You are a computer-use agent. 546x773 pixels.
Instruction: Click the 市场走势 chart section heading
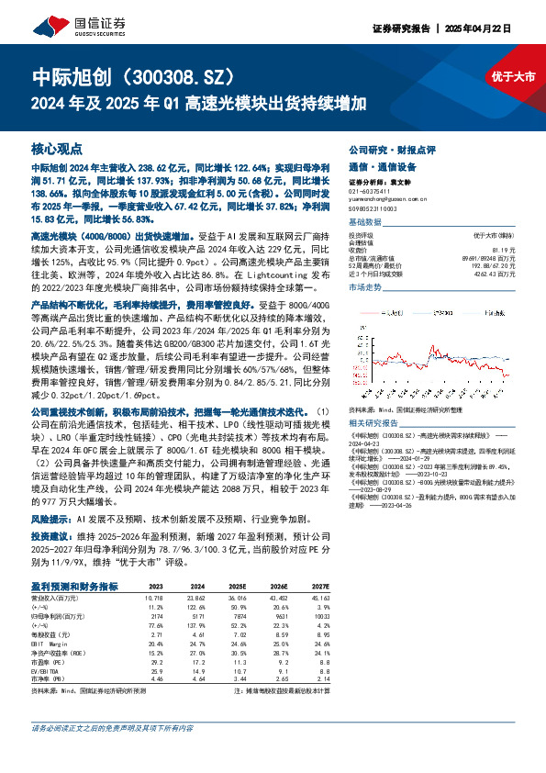(x=367, y=287)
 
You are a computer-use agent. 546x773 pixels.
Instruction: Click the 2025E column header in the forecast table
(x=237, y=586)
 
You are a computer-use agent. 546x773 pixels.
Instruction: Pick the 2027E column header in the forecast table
(x=318, y=586)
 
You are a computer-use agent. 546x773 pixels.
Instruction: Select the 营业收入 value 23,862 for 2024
(x=196, y=597)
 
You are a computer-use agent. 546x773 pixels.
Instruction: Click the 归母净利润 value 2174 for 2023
(x=156, y=614)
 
